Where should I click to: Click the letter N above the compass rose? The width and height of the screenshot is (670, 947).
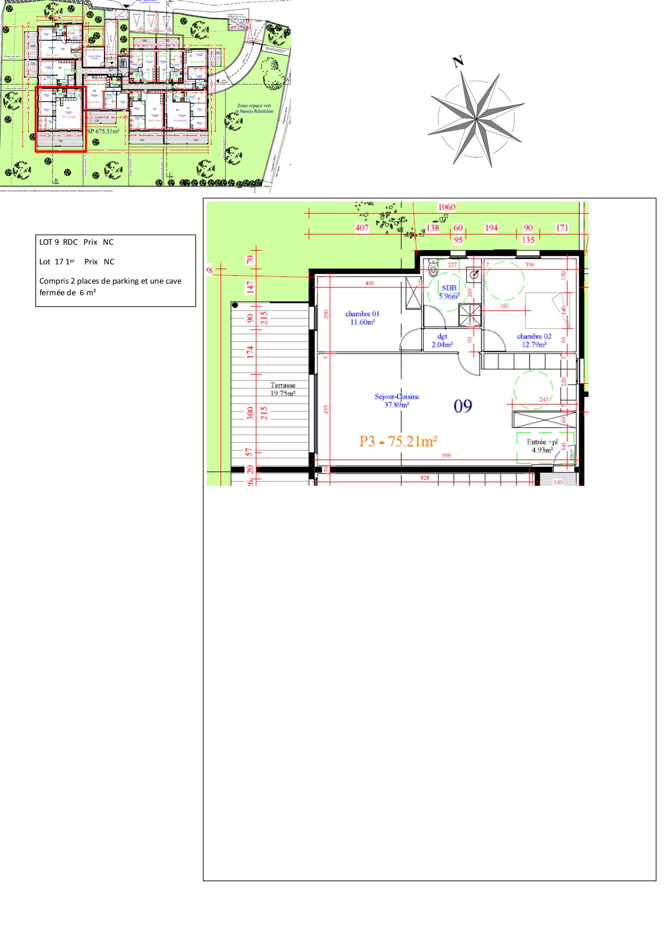(x=458, y=61)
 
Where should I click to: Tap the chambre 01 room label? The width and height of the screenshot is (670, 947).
(x=362, y=318)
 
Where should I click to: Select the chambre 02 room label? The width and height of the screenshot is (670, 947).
(x=534, y=340)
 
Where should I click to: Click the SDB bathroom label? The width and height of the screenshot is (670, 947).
(x=449, y=292)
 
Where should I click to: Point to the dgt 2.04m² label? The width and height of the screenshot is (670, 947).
(x=442, y=340)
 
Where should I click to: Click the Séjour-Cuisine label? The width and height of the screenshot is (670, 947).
(x=397, y=400)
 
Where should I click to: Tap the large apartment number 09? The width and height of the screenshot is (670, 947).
(x=463, y=406)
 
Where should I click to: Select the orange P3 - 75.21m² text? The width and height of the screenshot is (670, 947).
(x=398, y=442)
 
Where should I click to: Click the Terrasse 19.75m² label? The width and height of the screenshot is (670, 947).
(x=283, y=389)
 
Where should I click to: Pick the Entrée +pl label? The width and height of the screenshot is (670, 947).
(x=542, y=446)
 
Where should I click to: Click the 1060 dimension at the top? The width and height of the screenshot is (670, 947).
(x=446, y=207)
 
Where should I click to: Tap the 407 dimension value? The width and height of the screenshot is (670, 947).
(x=362, y=228)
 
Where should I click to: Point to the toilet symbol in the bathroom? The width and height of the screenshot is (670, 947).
(x=433, y=268)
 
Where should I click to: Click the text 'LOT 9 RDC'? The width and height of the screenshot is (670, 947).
(x=58, y=242)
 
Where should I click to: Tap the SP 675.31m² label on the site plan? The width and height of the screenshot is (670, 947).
(x=103, y=131)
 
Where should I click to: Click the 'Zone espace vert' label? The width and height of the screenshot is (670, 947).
(x=254, y=106)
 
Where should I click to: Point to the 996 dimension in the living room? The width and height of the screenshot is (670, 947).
(x=446, y=455)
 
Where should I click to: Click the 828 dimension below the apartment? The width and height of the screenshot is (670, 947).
(x=425, y=478)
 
